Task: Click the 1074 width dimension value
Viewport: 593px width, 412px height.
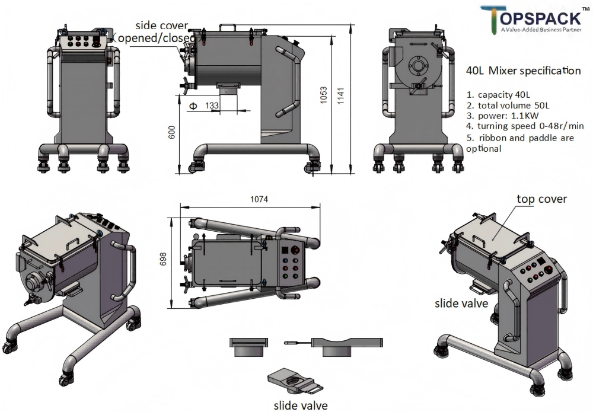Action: coord(259,199)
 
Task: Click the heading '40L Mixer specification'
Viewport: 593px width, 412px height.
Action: coord(524,71)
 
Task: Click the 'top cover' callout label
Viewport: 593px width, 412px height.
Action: coord(541,199)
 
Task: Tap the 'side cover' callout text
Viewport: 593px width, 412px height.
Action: coord(162,25)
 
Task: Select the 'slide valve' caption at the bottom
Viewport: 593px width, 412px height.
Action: coord(300,405)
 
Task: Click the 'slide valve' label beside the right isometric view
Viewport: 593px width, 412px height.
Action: coord(461,304)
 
